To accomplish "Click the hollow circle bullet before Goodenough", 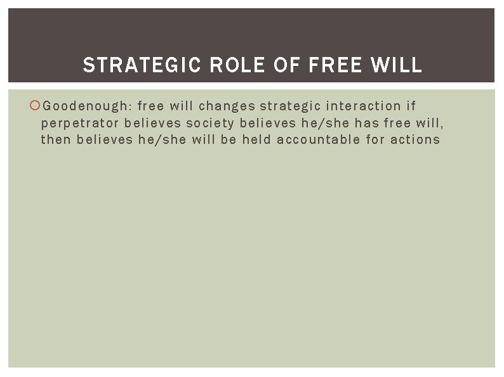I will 36,106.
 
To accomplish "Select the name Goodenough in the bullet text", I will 87,106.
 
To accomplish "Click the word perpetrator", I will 80,123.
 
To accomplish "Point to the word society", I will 210,123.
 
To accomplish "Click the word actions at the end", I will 415,139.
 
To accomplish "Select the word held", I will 256,139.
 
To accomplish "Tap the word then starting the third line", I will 55,139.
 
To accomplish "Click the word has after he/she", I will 366,123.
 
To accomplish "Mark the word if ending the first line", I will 411,106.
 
